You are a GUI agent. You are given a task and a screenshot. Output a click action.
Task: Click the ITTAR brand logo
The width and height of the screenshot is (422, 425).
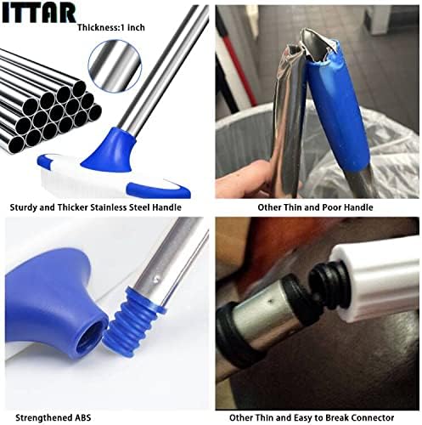[38, 13]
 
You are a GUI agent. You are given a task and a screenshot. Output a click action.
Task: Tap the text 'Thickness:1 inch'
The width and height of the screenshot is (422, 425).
[111, 27]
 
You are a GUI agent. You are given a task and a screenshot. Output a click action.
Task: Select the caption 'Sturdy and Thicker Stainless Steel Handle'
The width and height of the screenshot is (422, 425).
[95, 207]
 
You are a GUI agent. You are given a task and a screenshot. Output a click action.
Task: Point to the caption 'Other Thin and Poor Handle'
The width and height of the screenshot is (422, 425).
[315, 207]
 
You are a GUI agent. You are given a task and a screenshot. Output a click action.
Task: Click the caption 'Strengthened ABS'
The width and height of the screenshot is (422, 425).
[53, 417]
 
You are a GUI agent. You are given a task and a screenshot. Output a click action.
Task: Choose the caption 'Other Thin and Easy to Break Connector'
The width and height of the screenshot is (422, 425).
[312, 417]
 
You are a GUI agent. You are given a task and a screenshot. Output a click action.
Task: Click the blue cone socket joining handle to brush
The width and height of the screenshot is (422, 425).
[110, 150]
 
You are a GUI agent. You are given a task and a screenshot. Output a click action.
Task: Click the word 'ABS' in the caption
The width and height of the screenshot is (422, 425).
[82, 417]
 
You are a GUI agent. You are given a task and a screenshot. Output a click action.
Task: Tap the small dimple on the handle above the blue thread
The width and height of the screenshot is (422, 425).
[155, 280]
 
